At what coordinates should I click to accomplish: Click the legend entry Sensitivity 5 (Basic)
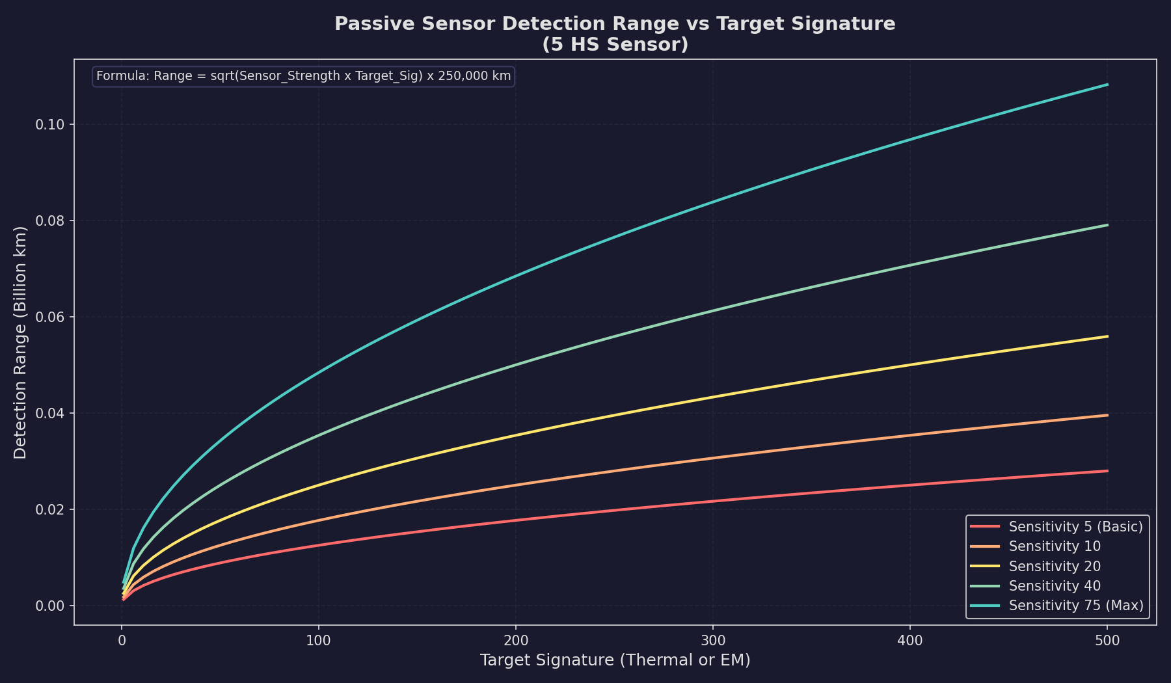1075,526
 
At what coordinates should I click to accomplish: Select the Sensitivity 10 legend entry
1055,546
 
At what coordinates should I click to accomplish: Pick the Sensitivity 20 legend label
1055,567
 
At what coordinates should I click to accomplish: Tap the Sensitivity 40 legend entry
1055,586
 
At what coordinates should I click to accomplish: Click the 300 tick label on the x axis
713,641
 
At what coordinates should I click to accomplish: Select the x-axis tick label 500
1107,641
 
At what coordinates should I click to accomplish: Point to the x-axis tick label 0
122,641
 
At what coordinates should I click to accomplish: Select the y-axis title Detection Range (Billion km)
20,342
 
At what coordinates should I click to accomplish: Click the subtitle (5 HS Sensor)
615,45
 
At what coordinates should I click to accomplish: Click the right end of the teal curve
1107,85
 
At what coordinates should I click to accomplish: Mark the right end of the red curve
1107,471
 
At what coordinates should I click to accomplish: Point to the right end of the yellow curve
1107,336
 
